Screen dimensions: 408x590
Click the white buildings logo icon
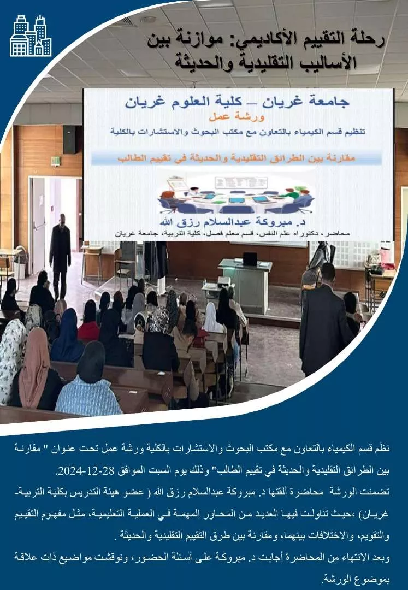31,36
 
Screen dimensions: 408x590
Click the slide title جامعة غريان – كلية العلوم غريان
237,102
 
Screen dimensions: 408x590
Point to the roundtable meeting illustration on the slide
235,194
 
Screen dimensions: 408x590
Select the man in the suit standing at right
326,320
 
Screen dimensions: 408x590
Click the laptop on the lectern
250,259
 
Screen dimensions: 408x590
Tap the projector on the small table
224,281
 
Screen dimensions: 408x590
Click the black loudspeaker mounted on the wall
69,140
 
